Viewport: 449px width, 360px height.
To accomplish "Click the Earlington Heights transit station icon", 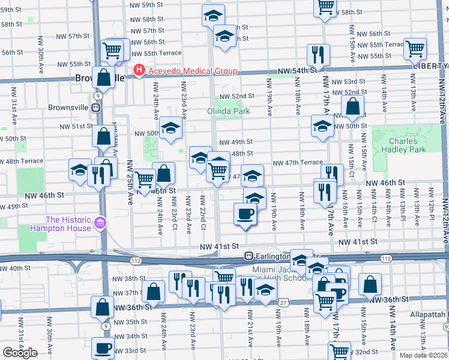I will click(249, 256).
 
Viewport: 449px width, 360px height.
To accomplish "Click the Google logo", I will click(20, 353).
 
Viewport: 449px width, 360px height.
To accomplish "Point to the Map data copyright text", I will click(424, 355).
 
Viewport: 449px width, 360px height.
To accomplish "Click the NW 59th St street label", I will click(147, 4).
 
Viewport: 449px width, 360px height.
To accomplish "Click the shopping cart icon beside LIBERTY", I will click(415, 48).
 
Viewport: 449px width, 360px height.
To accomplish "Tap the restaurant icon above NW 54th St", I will click(318, 54).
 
